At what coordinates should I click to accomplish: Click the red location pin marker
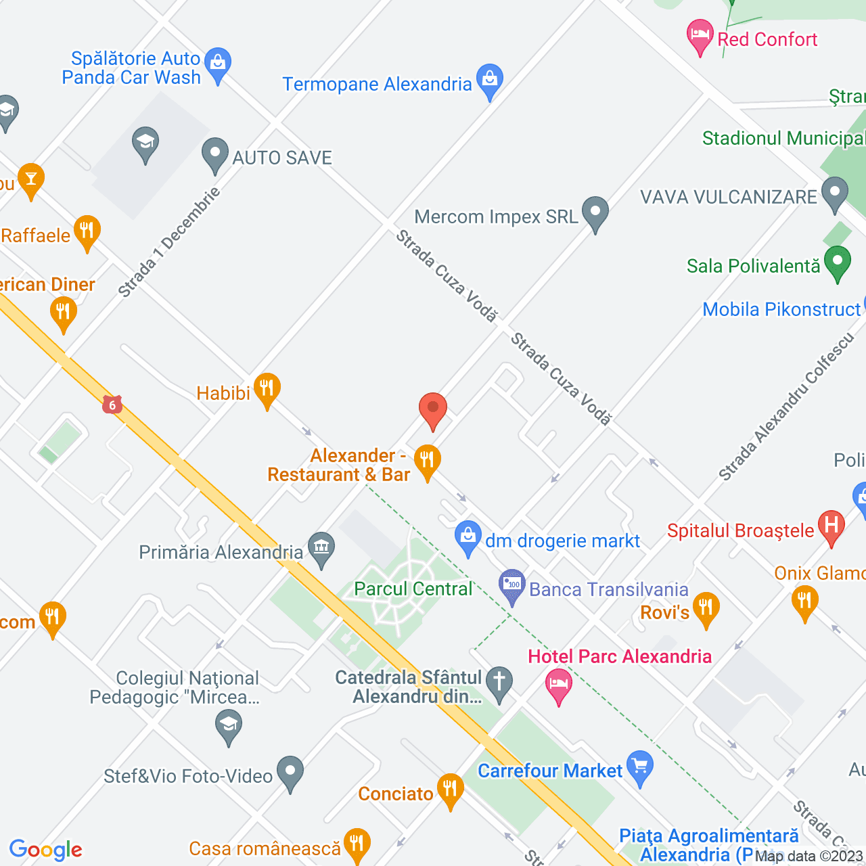point(433,409)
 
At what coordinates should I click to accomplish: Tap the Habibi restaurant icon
point(267,388)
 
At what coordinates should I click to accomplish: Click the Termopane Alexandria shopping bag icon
point(490,79)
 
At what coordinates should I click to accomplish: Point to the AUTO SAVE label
point(282,158)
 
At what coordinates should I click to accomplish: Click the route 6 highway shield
point(112,405)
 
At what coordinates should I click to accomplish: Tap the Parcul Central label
point(413,589)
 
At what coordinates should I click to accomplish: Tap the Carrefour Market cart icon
point(640,767)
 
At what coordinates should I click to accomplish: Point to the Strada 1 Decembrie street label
point(169,242)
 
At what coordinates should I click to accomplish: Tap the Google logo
point(46,849)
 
